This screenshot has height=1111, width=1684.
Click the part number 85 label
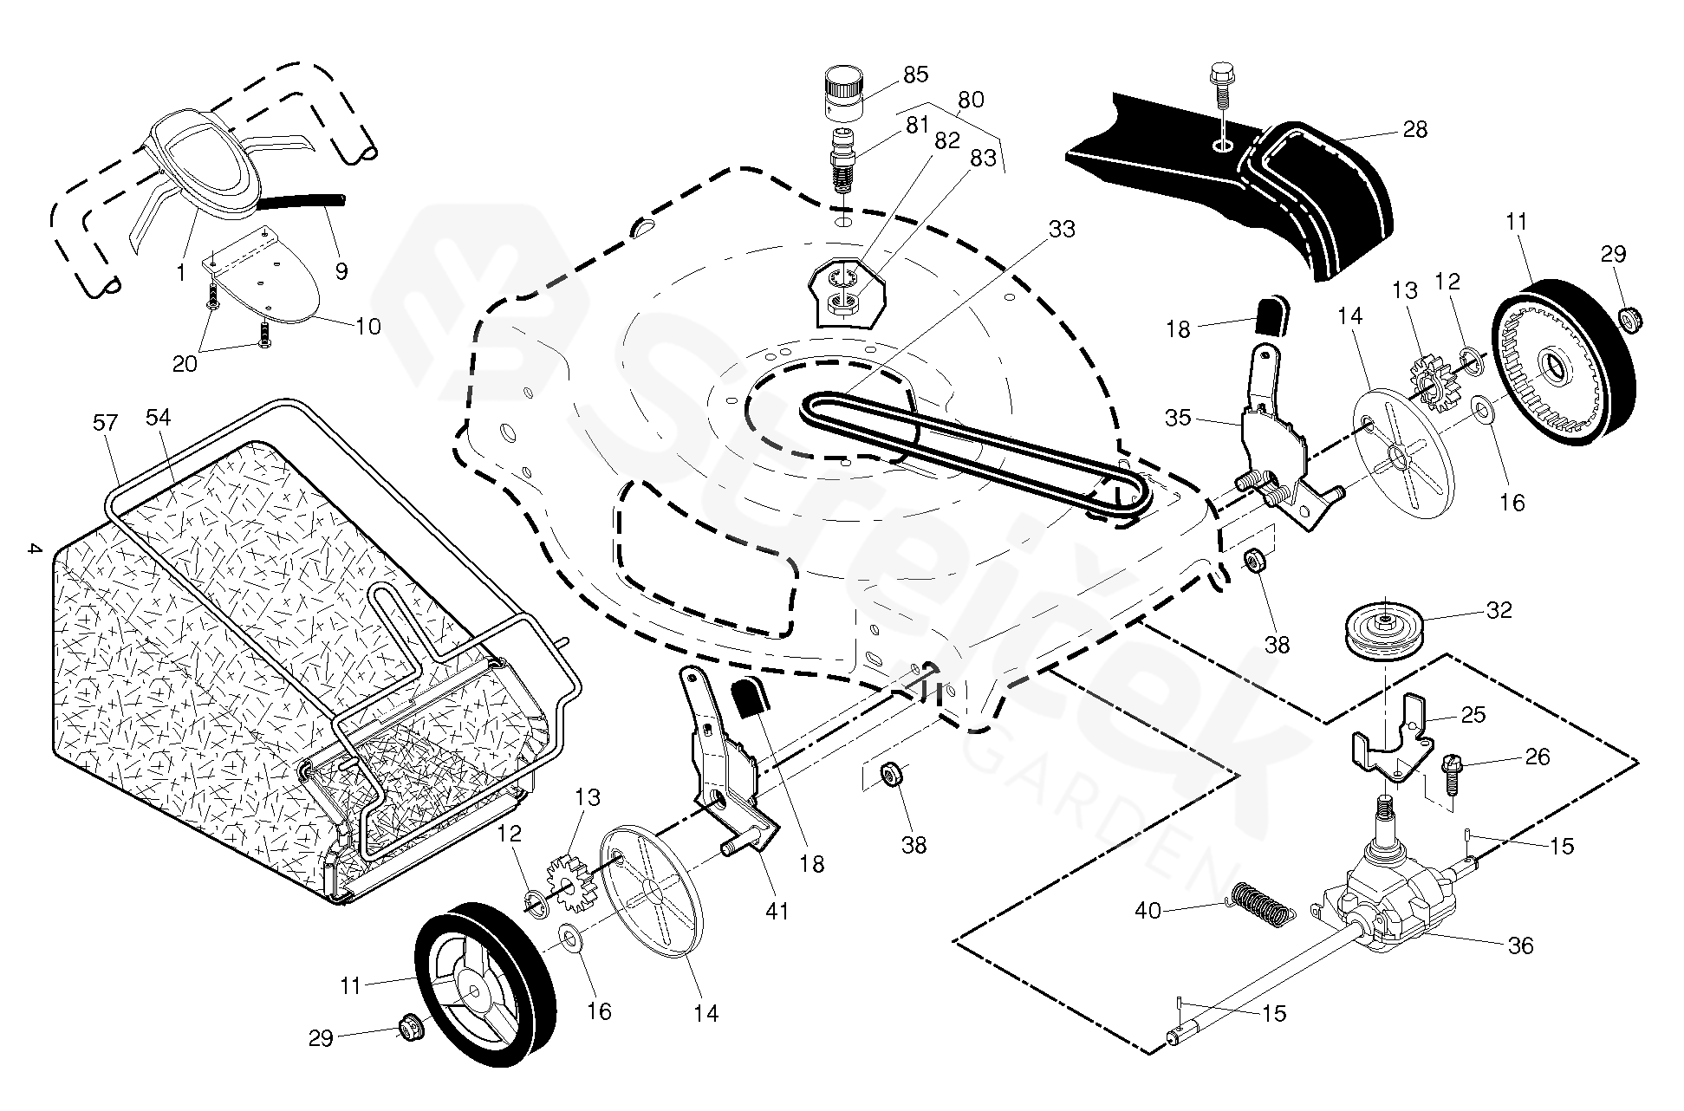click(915, 75)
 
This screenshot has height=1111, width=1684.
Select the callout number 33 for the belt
click(1062, 229)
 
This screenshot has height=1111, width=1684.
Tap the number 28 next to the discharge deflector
click(1414, 130)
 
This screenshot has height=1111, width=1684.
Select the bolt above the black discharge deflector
click(1220, 85)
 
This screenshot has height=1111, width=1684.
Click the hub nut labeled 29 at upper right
click(1630, 317)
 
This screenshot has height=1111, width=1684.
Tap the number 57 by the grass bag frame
click(105, 423)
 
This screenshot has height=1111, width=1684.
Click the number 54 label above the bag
click(158, 418)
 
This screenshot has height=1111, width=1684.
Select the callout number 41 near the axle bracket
click(777, 911)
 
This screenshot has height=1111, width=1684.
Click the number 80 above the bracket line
click(971, 100)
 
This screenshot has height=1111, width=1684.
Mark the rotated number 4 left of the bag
click(33, 549)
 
